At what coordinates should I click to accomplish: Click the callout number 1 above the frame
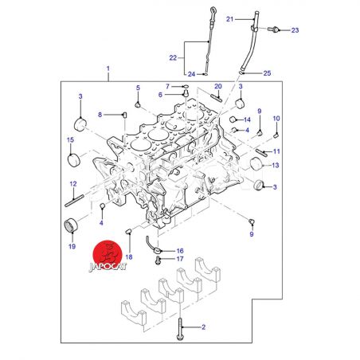click(x=108, y=68)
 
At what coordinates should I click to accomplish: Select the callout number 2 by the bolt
click(x=204, y=327)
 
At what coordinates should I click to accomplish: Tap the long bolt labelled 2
click(x=180, y=329)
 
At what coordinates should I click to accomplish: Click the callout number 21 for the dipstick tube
click(x=230, y=19)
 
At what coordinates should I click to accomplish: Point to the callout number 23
click(x=295, y=30)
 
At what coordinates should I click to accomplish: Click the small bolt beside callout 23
click(x=273, y=29)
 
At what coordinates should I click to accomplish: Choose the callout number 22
click(x=173, y=58)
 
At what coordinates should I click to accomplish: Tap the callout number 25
click(x=267, y=73)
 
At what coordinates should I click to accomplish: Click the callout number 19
click(x=72, y=247)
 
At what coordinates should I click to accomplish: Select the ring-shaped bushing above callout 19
click(x=71, y=225)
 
